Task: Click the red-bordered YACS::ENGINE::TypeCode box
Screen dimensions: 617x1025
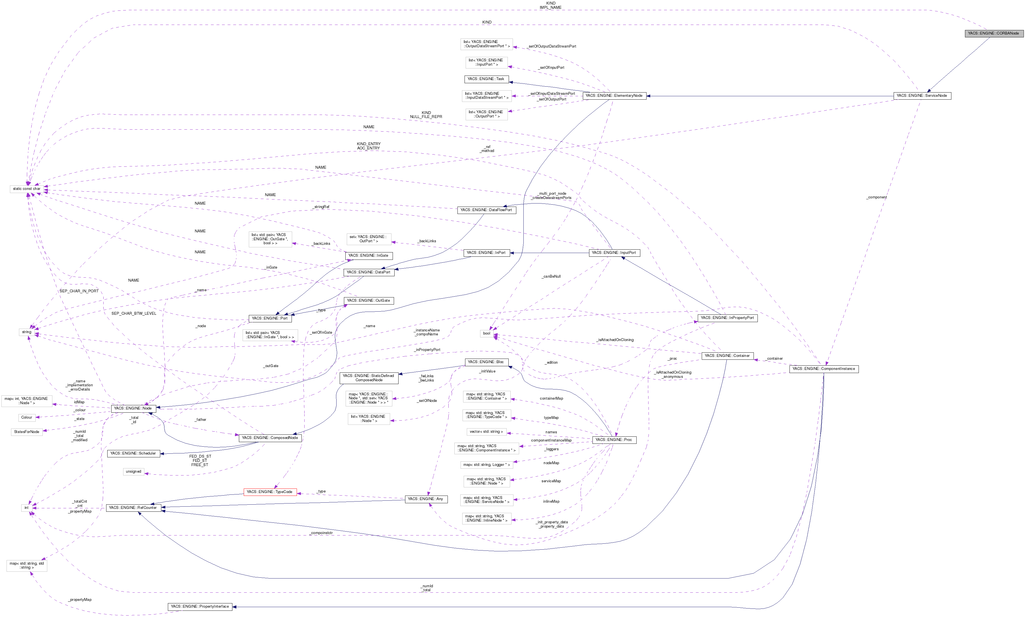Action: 269,492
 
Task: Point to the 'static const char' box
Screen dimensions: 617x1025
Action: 27,189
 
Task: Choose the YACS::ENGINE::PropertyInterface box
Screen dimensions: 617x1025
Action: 200,607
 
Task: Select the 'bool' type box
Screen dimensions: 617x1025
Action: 487,333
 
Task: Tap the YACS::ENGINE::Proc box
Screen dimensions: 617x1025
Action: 613,440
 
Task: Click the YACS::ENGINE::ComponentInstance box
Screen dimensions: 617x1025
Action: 823,369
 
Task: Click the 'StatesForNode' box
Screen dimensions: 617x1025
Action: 27,432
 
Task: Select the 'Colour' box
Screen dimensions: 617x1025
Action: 27,417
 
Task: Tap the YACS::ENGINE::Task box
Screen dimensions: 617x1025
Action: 486,79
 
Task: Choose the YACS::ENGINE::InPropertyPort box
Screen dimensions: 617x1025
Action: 727,318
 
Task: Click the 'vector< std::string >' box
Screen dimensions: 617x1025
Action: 486,432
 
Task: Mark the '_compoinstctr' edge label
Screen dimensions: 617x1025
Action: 321,533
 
